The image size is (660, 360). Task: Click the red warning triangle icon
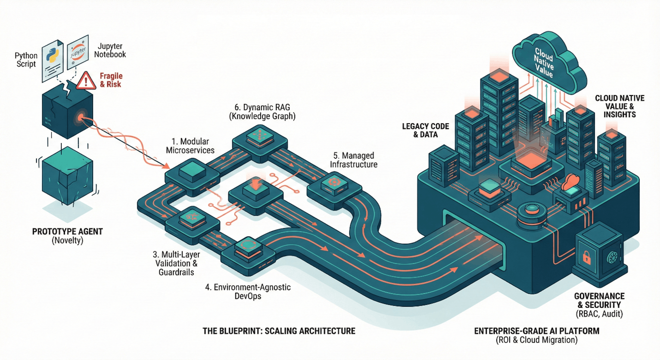pyautogui.click(x=86, y=81)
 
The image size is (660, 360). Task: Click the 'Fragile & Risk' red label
pyautogui.click(x=111, y=80)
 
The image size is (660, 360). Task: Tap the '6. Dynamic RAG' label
pyautogui.click(x=262, y=112)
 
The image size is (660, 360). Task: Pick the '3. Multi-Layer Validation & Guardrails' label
pyautogui.click(x=175, y=263)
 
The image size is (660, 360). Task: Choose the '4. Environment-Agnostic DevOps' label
pyautogui.click(x=247, y=291)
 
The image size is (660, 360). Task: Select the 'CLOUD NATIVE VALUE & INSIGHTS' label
pyautogui.click(x=620, y=106)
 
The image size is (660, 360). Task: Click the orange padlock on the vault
pyautogui.click(x=587, y=257)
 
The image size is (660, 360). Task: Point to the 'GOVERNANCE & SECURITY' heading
pyautogui.click(x=599, y=300)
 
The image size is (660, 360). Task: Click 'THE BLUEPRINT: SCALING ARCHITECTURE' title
pyautogui.click(x=279, y=331)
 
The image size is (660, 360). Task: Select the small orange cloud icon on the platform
pyautogui.click(x=571, y=180)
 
